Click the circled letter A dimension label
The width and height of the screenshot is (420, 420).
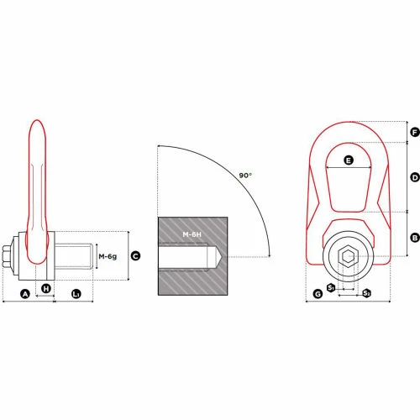click(x=25, y=293)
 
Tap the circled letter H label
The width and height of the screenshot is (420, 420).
click(x=46, y=288)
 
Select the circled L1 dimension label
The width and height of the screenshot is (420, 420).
click(x=76, y=293)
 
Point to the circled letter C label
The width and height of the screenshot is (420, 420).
click(x=135, y=255)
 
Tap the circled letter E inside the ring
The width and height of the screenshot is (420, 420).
click(x=349, y=160)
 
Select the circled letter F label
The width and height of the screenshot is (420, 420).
click(x=414, y=133)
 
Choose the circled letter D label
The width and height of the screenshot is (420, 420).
click(x=414, y=177)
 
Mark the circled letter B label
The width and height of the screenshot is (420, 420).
click(x=414, y=238)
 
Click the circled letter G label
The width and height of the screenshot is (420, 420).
click(x=317, y=293)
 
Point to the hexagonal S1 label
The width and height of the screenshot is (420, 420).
click(x=332, y=288)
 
